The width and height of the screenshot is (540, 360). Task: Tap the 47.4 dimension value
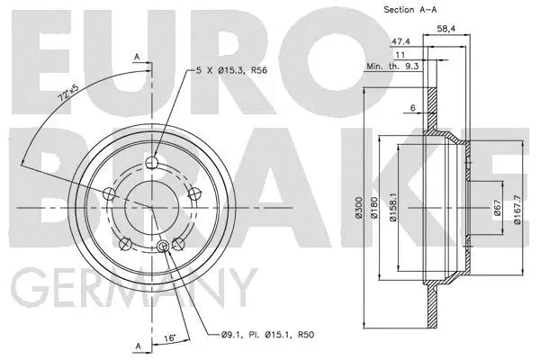(400, 41)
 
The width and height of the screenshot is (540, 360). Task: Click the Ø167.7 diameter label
(517, 208)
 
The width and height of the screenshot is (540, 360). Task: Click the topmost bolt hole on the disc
(151, 163)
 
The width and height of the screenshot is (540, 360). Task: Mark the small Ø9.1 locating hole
(163, 247)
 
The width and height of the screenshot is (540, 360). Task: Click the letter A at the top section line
(137, 55)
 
